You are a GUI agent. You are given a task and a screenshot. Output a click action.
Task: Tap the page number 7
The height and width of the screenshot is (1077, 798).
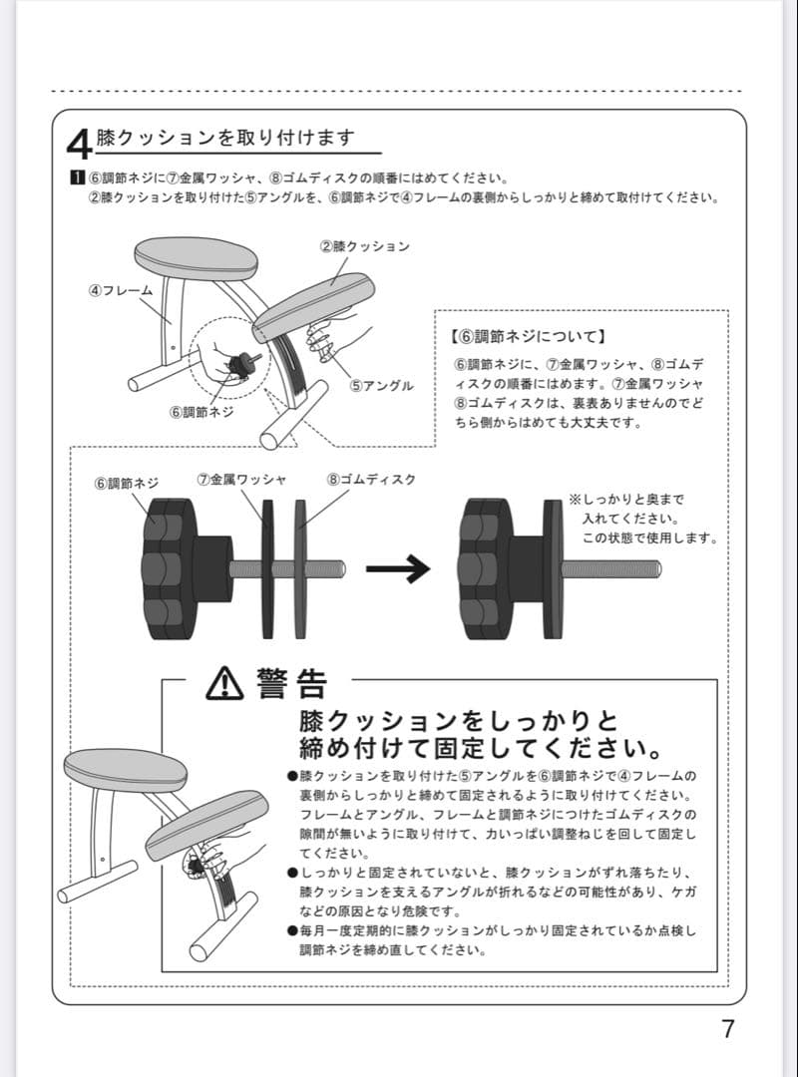[x=728, y=1029]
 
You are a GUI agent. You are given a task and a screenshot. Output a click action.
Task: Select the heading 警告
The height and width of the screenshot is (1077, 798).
[x=290, y=683]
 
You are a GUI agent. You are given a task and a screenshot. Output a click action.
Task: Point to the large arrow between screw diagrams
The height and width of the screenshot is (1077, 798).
[x=397, y=569]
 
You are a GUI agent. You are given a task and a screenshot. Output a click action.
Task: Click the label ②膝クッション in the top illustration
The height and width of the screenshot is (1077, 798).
[x=365, y=245]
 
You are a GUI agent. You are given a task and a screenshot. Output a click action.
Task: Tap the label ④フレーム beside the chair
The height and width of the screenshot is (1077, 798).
[x=121, y=290]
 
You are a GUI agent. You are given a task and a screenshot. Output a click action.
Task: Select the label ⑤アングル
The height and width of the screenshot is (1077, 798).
[x=382, y=386]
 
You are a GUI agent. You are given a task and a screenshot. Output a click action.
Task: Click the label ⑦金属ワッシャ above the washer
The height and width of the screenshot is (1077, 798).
[x=241, y=480]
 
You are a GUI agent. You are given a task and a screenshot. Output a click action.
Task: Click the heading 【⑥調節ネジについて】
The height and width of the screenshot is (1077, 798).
[x=529, y=337]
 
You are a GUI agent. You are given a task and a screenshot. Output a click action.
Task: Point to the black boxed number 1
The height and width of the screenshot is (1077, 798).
[x=75, y=179]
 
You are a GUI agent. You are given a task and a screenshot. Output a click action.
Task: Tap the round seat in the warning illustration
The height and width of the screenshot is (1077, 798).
[x=125, y=768]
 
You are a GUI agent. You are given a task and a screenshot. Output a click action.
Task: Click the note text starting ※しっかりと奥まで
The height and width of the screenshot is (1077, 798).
[x=643, y=519]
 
